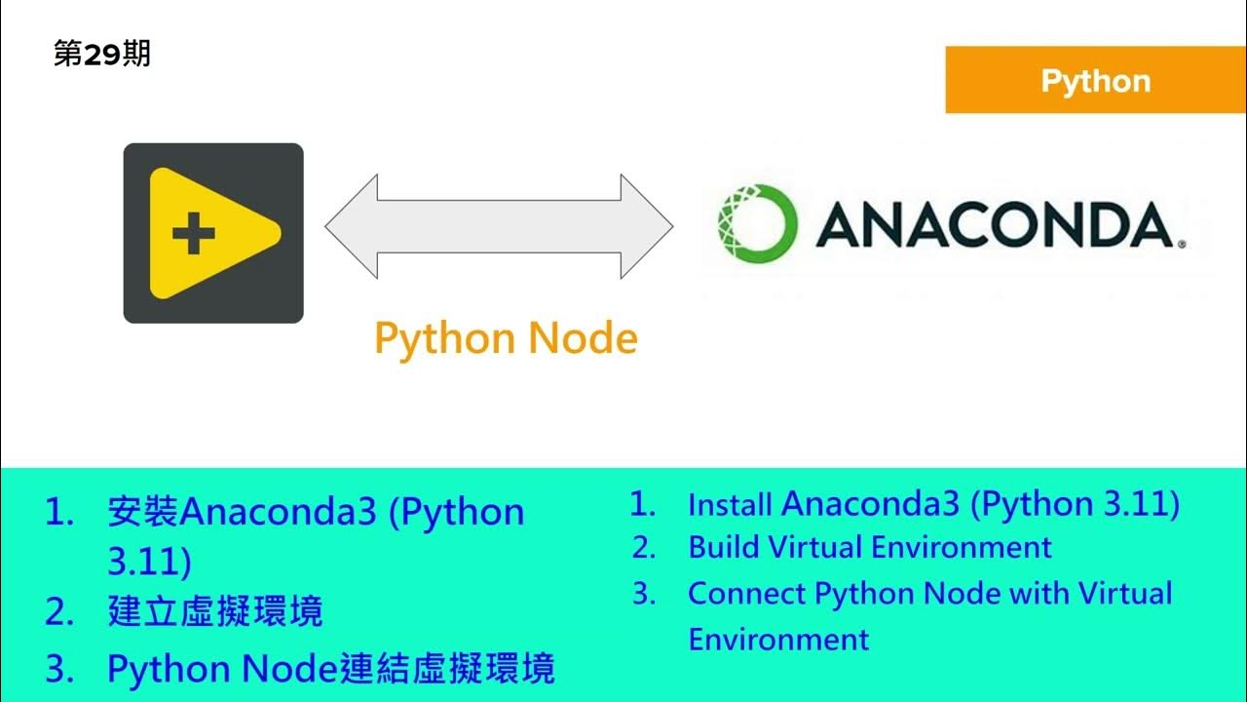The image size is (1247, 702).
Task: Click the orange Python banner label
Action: pos(1095,81)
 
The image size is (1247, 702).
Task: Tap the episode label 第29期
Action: pos(102,55)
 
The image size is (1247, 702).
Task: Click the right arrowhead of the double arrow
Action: pos(647,226)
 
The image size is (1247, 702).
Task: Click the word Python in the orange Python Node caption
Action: pos(443,339)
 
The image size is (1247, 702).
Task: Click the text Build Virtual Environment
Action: pos(869,547)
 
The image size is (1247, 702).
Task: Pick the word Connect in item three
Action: pos(746,593)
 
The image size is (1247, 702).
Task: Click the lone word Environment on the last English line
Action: pos(777,640)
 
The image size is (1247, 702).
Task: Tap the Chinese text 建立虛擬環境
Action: pos(214,612)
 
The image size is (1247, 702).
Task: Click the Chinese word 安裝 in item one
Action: pos(143,513)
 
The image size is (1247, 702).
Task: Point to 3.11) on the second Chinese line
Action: pos(148,563)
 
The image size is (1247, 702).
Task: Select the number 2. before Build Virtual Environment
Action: pos(644,548)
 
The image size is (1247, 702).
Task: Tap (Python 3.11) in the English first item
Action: pos(1077,504)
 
